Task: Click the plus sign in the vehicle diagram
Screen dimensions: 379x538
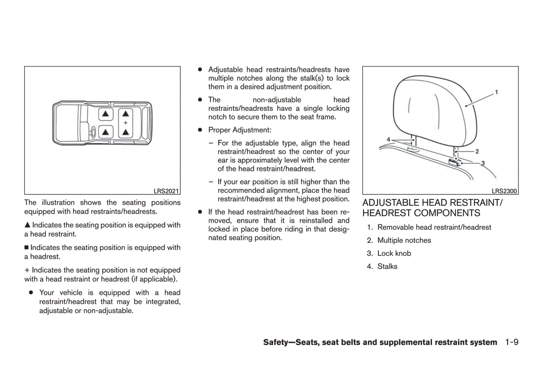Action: click(x=125, y=123)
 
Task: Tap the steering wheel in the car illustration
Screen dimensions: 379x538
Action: click(x=93, y=131)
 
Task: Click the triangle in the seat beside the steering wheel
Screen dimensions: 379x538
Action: click(x=106, y=132)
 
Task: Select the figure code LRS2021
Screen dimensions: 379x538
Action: click(x=166, y=191)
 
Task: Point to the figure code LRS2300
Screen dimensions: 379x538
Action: click(x=504, y=191)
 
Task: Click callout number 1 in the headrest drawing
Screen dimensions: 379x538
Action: click(x=496, y=92)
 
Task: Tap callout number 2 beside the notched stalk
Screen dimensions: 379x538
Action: click(x=477, y=151)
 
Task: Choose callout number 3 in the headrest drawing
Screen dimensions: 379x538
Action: click(x=483, y=163)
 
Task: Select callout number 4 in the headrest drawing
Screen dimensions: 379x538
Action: click(x=388, y=139)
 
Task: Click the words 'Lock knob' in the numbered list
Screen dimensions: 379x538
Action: click(x=394, y=253)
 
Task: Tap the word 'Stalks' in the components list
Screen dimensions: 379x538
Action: click(x=387, y=266)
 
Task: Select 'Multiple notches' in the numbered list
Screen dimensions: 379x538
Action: click(x=404, y=240)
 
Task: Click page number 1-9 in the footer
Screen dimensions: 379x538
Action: click(x=512, y=342)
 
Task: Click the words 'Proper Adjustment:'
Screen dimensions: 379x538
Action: click(x=240, y=130)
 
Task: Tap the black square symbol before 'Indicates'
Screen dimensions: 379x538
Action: click(x=26, y=248)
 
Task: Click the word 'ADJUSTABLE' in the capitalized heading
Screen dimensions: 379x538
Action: click(x=385, y=203)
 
